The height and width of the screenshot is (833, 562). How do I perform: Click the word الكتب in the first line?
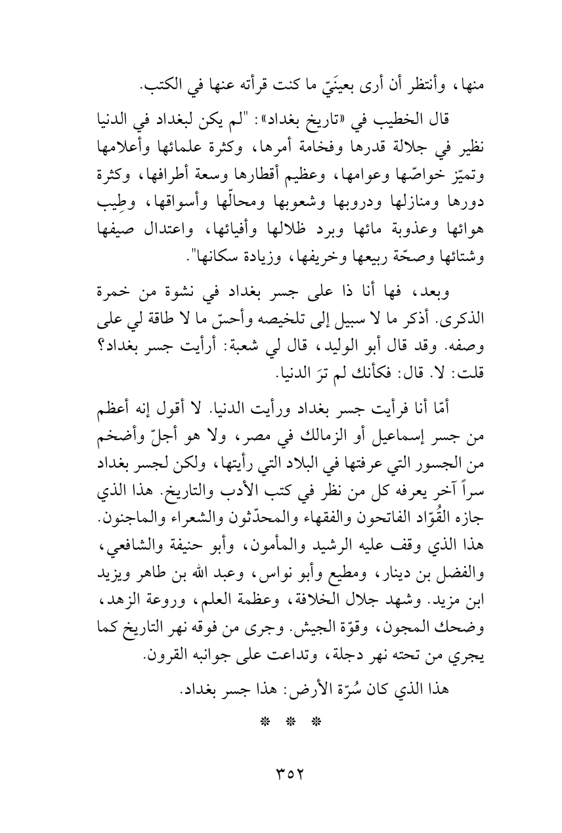[x=121, y=85]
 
